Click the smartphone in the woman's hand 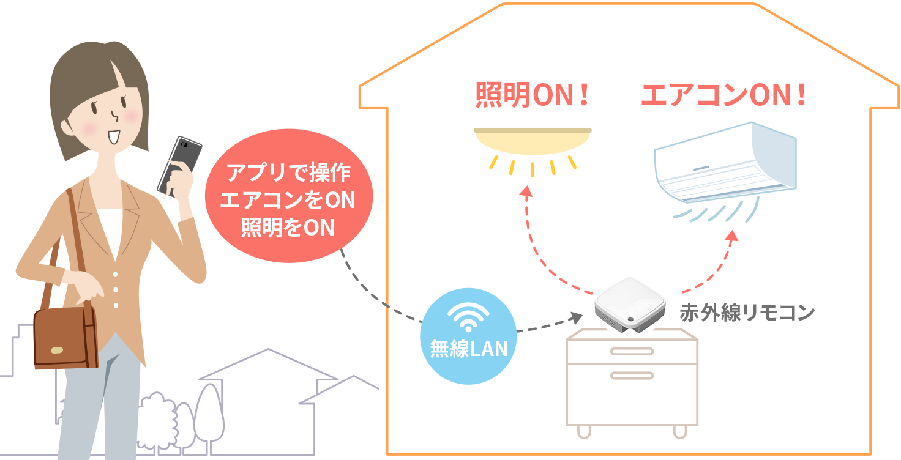[179, 166]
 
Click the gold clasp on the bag [57, 350]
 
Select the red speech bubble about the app [289, 196]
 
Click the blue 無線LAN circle [468, 336]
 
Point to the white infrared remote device [630, 305]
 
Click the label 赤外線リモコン [747, 313]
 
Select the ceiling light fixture [533, 141]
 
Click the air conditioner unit [725, 161]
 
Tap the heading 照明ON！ [532, 95]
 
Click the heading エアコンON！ [723, 95]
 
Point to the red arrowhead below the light [526, 191]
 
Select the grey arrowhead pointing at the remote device [577, 317]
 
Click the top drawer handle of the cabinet [632, 352]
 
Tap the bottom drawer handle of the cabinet [632, 376]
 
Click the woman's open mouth [114, 137]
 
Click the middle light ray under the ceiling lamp [532, 169]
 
